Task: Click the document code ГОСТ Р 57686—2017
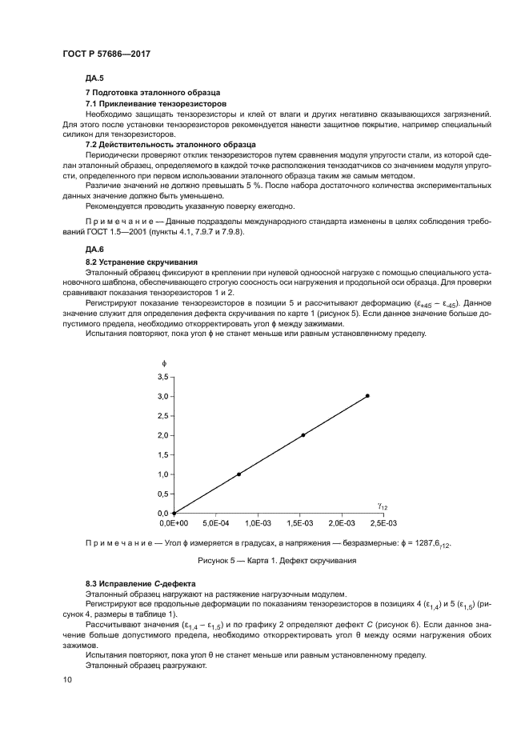[106, 53]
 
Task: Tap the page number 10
[67, 679]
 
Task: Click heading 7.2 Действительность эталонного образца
[170, 144]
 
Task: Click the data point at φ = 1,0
[238, 474]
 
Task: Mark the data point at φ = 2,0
[303, 435]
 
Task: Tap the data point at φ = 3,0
[367, 396]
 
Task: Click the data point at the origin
[174, 514]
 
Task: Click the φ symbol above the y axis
[164, 362]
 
